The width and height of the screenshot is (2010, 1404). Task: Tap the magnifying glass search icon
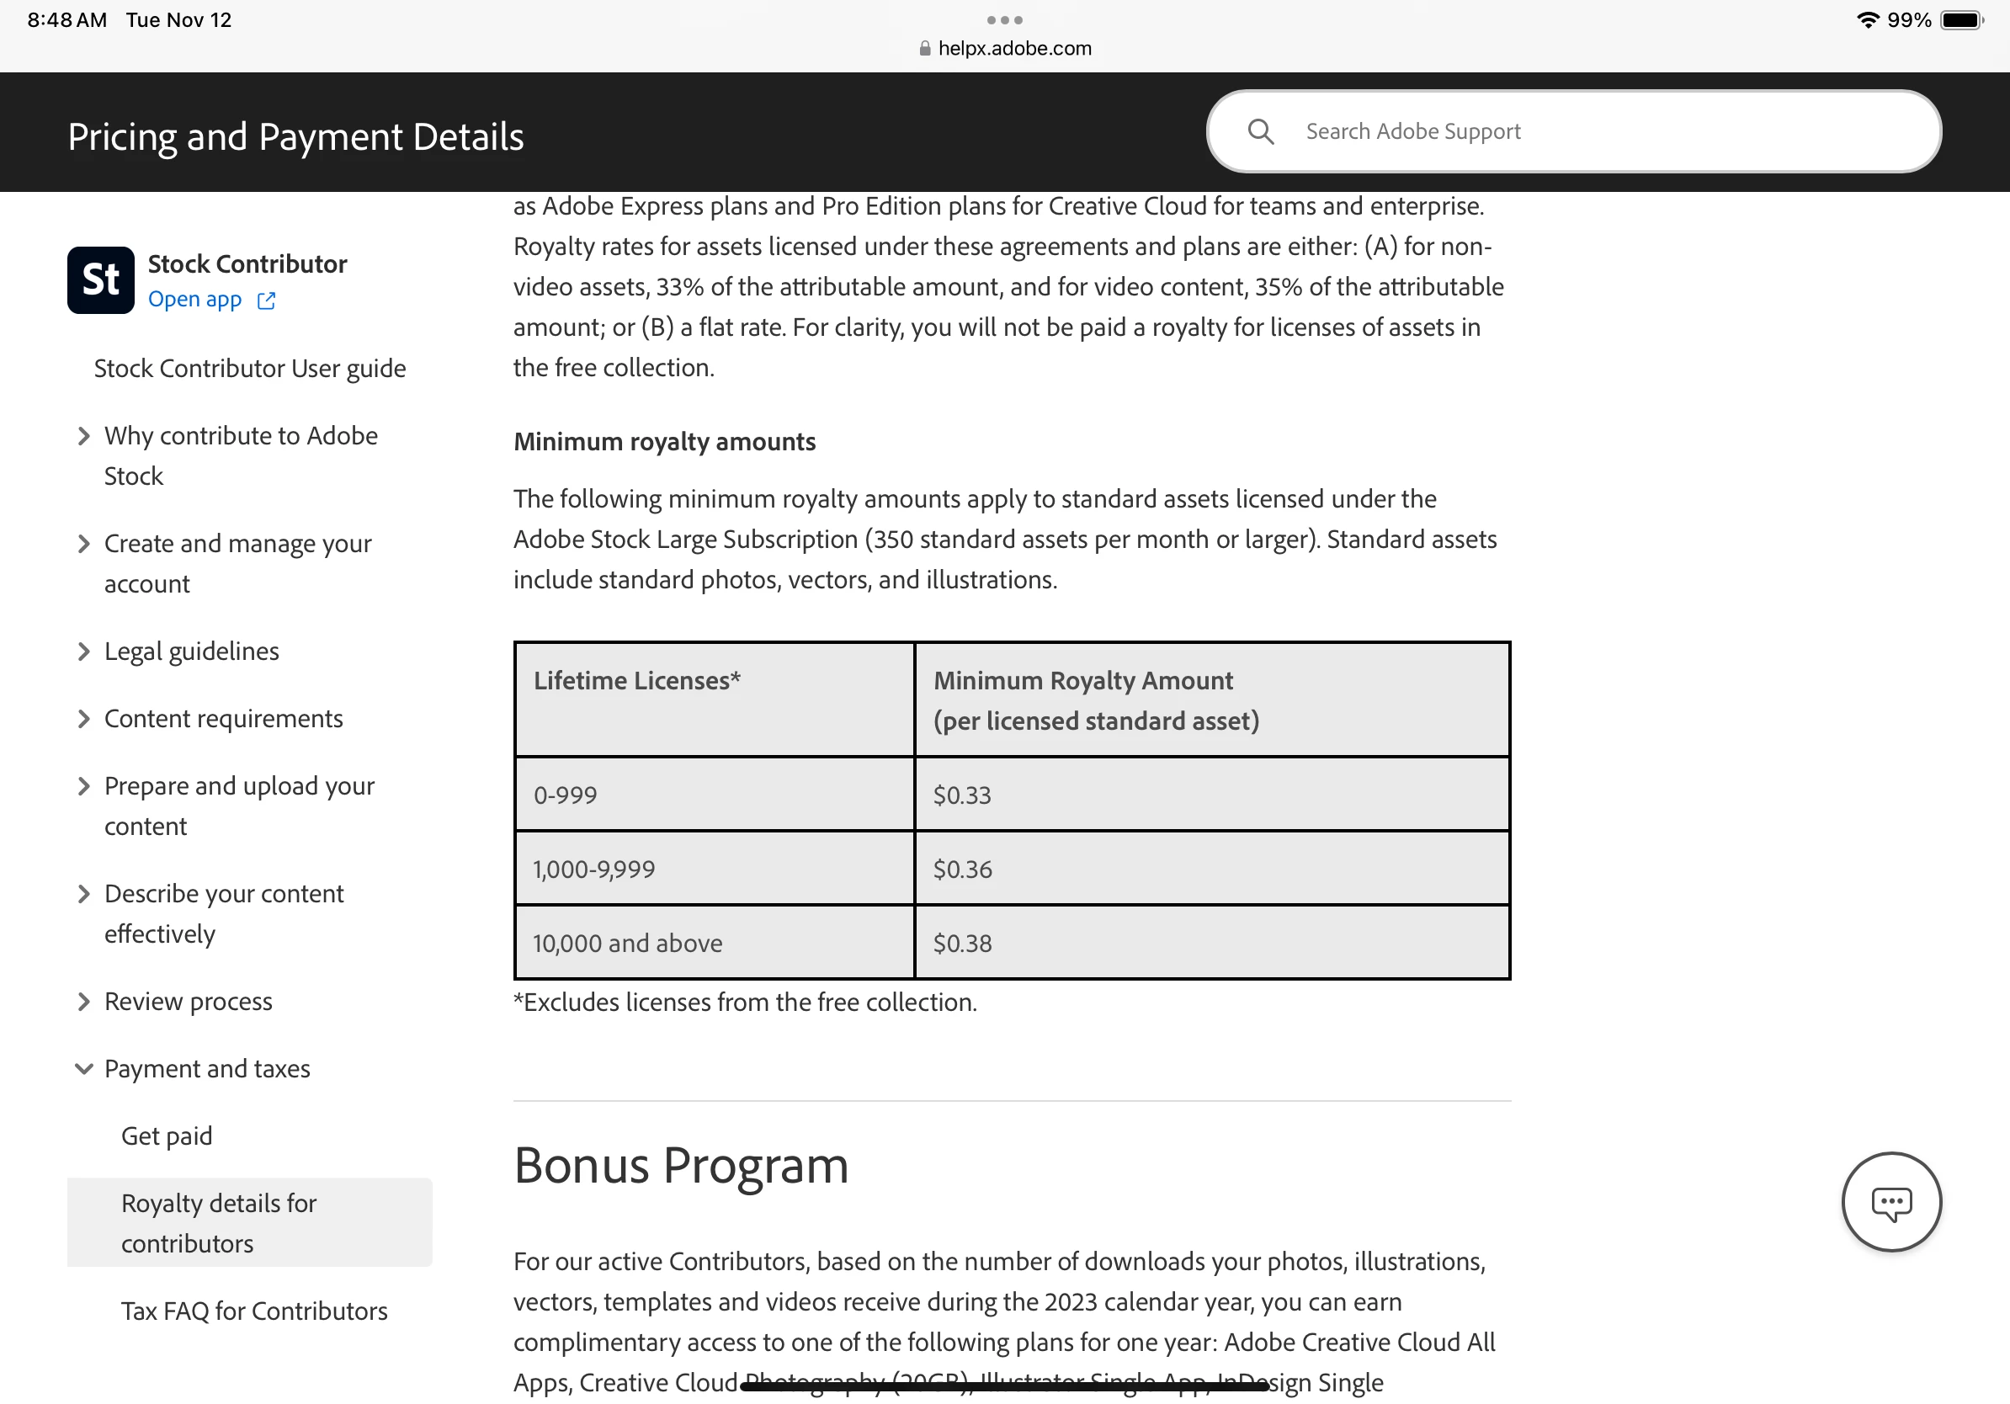(1260, 131)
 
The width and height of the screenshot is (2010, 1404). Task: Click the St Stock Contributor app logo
(101, 280)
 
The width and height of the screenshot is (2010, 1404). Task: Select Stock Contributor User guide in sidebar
(249, 369)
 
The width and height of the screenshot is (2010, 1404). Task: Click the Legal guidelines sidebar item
(191, 651)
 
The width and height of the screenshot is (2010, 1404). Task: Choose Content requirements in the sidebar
(223, 719)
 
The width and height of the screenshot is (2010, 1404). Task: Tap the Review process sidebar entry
(188, 1002)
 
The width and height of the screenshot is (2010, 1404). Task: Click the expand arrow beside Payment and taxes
(84, 1069)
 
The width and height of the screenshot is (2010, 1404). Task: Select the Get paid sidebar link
(167, 1136)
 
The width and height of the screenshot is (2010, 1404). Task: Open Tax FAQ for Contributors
(254, 1311)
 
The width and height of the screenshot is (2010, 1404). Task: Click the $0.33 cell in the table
(962, 795)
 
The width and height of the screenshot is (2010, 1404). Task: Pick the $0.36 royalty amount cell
(962, 870)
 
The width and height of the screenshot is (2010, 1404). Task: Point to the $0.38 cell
(962, 944)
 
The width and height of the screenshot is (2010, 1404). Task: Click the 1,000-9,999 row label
(593, 870)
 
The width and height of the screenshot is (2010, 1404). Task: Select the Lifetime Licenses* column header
(636, 681)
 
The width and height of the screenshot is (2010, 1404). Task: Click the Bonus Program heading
(680, 1166)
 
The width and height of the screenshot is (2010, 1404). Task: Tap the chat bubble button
(1891, 1203)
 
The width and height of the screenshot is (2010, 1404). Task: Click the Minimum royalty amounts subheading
(663, 442)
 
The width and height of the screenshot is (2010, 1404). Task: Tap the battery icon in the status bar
(1961, 20)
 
